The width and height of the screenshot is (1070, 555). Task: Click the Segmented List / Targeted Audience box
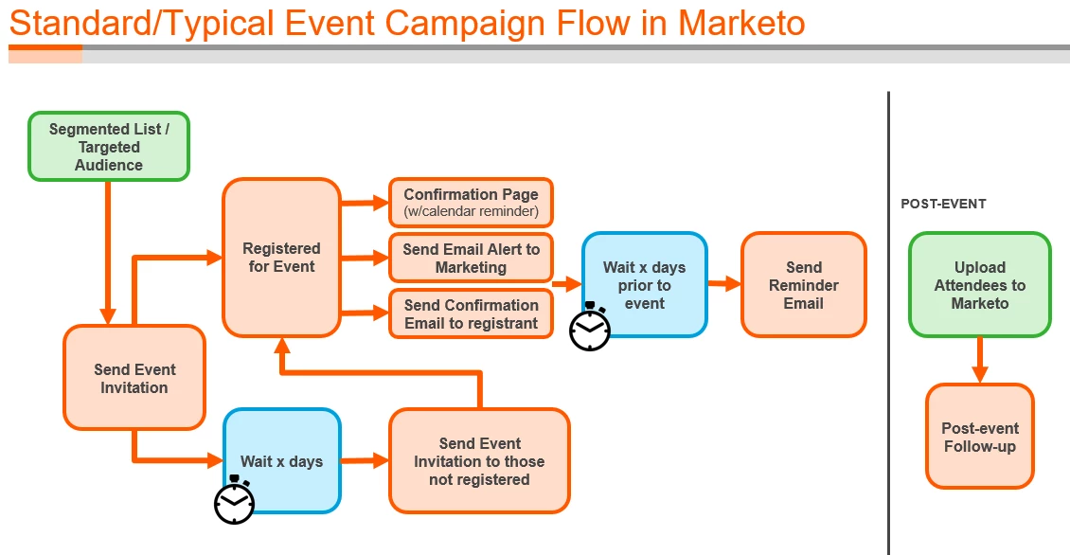pyautogui.click(x=109, y=147)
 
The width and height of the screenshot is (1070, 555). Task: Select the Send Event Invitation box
pyautogui.click(x=134, y=378)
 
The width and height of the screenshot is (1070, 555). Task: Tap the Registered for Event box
pyautogui.click(x=281, y=258)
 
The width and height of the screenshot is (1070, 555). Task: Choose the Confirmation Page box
pyautogui.click(x=471, y=202)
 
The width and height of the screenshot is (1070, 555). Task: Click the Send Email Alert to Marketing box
pyautogui.click(x=471, y=258)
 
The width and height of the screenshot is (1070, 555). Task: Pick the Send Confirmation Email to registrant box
pyautogui.click(x=471, y=313)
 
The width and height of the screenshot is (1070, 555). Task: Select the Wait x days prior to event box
pyautogui.click(x=645, y=284)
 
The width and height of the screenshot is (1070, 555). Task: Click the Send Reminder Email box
pyautogui.click(x=803, y=284)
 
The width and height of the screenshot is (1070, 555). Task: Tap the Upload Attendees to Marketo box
pyautogui.click(x=979, y=284)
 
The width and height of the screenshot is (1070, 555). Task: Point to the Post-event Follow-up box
pyautogui.click(x=979, y=437)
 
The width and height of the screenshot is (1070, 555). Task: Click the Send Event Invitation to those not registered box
pyautogui.click(x=479, y=461)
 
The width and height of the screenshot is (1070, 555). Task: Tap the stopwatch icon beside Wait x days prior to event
pyautogui.click(x=590, y=328)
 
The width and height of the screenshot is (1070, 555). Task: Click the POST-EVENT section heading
pyautogui.click(x=943, y=204)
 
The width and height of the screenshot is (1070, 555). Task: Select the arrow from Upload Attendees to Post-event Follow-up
pyautogui.click(x=979, y=360)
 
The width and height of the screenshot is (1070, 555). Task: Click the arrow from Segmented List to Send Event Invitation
pyautogui.click(x=108, y=252)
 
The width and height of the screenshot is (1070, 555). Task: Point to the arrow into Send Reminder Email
pyautogui.click(x=724, y=283)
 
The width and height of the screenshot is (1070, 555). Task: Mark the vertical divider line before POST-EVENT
pyautogui.click(x=888, y=322)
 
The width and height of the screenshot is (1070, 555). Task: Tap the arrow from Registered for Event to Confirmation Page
pyautogui.click(x=365, y=202)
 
